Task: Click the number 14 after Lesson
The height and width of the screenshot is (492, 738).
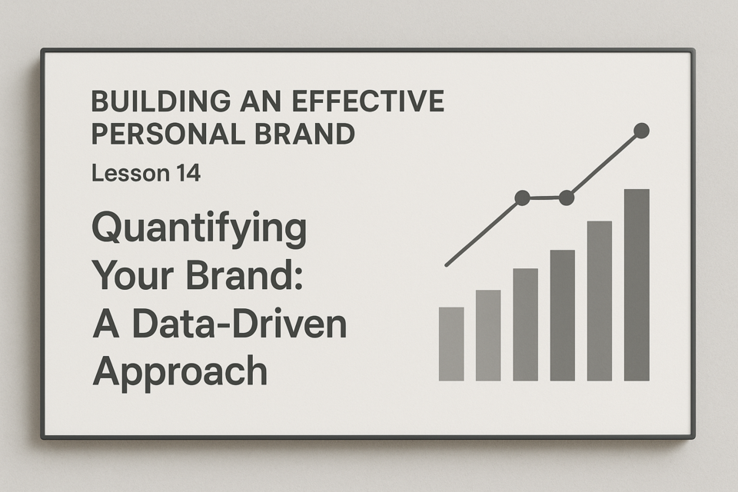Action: tap(188, 173)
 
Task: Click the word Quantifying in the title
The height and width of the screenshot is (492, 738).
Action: tap(199, 230)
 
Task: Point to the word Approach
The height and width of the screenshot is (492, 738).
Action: tap(180, 373)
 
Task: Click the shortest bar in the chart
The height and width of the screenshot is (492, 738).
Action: tap(451, 344)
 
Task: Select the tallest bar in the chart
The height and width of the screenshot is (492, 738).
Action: tap(637, 285)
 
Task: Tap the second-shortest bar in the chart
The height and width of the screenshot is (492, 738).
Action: tap(488, 335)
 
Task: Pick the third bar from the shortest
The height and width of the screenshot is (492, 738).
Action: tap(525, 324)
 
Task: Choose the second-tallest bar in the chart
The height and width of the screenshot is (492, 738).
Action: tap(600, 301)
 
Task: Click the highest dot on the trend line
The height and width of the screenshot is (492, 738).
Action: tap(641, 131)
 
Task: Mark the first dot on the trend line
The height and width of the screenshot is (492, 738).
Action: tap(523, 198)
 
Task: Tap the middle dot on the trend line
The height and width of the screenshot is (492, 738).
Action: tap(567, 198)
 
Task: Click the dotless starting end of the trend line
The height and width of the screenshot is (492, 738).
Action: tap(447, 265)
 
